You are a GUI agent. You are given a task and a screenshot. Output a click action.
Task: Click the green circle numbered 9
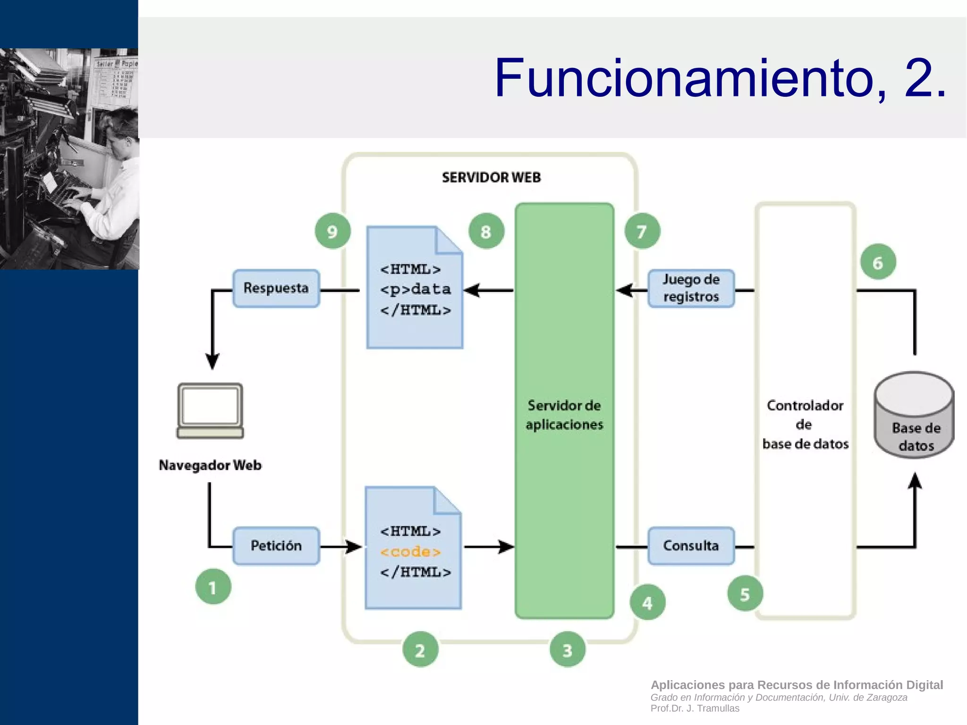coord(332,231)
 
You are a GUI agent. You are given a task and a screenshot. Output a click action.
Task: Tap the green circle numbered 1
coord(213,587)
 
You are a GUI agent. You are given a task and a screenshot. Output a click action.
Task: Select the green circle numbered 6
coord(878,262)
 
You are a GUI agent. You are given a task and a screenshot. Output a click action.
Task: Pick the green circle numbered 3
coord(567,649)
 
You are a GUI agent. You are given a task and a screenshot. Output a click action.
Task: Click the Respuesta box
coord(276,288)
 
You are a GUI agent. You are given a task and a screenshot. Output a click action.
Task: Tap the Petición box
coord(276,546)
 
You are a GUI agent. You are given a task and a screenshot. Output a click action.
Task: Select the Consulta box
coord(691,546)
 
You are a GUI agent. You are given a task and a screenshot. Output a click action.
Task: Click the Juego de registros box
coord(691,288)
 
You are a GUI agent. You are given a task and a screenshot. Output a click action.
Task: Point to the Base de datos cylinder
coord(915,416)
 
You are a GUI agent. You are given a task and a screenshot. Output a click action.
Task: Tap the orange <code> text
coord(410,552)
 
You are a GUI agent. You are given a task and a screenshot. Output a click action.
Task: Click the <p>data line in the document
coord(415,289)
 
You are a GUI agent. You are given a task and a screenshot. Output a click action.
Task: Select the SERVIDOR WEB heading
coord(491,178)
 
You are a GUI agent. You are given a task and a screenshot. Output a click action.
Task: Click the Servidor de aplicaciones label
coord(564,415)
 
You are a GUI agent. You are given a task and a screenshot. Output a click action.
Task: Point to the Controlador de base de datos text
coord(805,424)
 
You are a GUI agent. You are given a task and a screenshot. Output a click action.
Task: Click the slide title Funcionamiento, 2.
coord(720,78)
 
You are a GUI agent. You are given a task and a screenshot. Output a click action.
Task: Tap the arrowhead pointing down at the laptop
coord(212,361)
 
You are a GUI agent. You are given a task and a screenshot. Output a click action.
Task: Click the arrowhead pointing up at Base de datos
coord(915,481)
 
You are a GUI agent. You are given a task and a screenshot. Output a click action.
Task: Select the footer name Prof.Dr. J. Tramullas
coord(695,708)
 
